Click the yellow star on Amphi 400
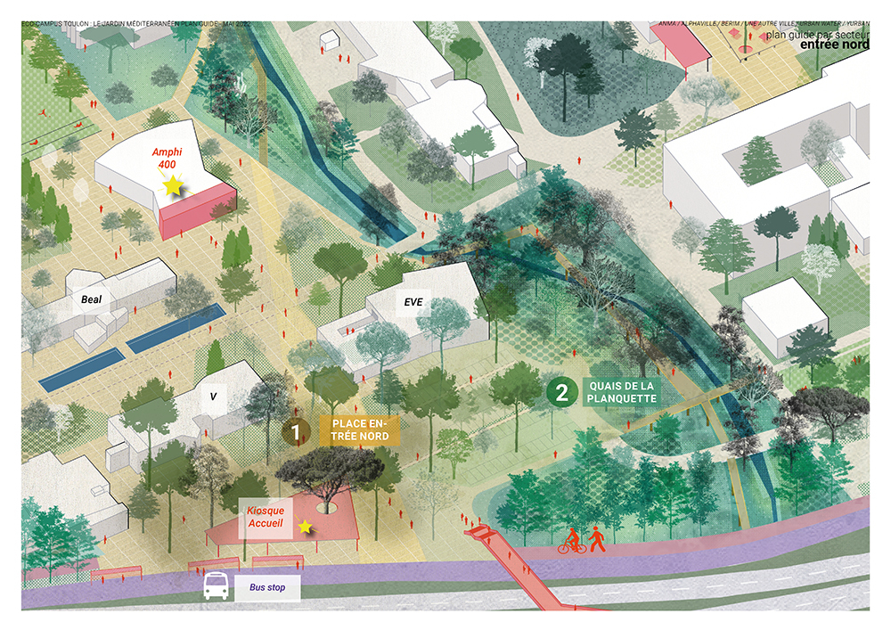click(172, 185)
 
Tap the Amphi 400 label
click(167, 160)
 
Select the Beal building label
click(92, 300)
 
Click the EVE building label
click(413, 302)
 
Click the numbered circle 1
click(297, 432)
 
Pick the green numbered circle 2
click(560, 392)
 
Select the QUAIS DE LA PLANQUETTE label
click(621, 392)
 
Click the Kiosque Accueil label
click(266, 518)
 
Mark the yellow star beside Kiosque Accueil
click(306, 528)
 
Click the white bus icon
click(215, 586)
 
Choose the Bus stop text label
click(265, 588)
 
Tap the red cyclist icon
click(570, 541)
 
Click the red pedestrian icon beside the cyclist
click(594, 540)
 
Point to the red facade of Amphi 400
click(198, 210)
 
